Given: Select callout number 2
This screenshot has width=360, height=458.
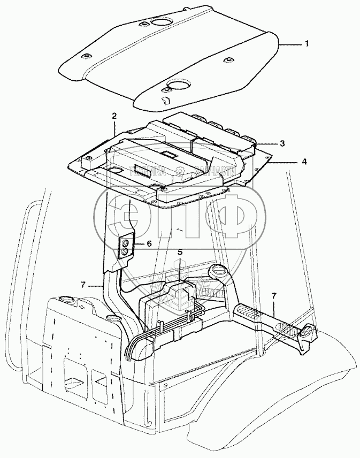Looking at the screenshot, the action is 114,116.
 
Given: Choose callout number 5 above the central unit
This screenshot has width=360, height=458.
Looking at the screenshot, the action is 180,251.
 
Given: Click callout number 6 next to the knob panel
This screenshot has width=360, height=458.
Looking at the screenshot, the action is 149,243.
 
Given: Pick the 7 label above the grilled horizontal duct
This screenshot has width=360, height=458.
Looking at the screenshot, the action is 274,295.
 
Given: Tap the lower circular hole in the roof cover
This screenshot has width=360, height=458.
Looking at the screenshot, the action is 180,86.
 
